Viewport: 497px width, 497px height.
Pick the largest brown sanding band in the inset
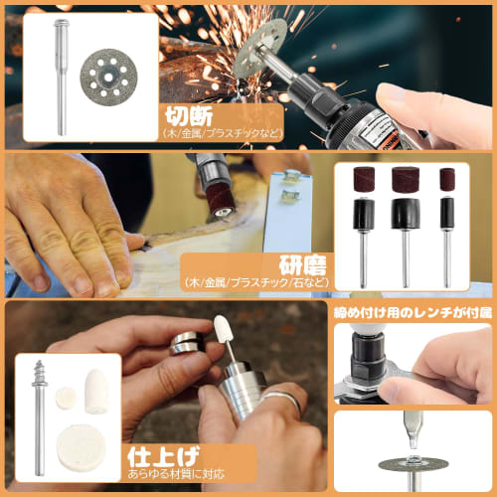(405, 181)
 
